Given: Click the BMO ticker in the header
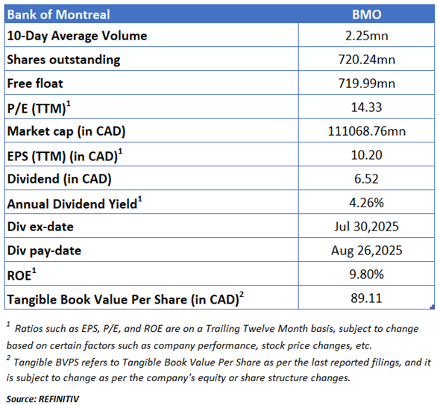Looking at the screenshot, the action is (366, 14).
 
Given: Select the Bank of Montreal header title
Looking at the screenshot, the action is (58, 14).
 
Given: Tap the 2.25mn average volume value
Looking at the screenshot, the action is (366, 36).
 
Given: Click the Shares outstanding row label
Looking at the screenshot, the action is (63, 60).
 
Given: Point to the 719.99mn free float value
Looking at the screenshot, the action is (366, 84).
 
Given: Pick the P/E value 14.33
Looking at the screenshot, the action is (366, 107).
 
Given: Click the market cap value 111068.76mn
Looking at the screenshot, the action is (366, 131).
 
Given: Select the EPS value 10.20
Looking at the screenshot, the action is (366, 155).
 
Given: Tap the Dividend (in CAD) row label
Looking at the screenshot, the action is (59, 179).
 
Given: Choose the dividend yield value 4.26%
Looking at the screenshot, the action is (366, 203).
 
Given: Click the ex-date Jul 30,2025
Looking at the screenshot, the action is (366, 227).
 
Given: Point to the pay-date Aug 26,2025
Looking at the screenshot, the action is (366, 251).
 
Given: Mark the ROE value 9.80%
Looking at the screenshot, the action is (366, 274).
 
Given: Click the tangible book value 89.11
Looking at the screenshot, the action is (366, 298).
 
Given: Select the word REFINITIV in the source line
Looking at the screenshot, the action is (59, 399).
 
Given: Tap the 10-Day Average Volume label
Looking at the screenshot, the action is (77, 36).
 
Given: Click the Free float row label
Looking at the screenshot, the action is (35, 84).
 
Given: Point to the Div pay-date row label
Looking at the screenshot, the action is (44, 251).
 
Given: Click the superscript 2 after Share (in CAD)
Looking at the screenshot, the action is (242, 295).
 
